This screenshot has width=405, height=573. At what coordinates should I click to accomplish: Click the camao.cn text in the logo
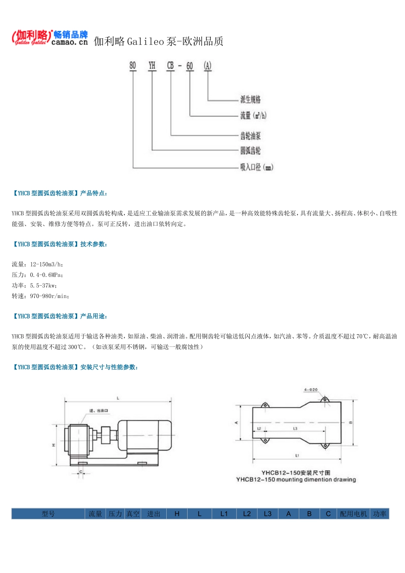[69, 42]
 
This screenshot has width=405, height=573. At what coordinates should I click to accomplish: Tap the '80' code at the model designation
[133, 65]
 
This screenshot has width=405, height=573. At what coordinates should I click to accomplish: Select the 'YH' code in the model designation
[152, 65]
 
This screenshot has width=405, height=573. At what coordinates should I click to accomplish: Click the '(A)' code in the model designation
[208, 65]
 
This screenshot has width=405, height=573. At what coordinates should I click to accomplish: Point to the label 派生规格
[250, 99]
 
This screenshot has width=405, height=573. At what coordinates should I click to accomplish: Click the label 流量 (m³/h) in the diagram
[253, 115]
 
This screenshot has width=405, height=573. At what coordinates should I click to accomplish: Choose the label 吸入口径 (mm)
[256, 167]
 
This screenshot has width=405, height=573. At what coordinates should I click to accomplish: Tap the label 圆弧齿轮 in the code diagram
[250, 150]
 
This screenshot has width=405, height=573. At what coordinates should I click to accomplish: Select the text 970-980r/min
[49, 296]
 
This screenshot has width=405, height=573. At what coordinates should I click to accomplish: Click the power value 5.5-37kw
[43, 286]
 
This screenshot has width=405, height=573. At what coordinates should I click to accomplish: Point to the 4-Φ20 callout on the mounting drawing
[311, 390]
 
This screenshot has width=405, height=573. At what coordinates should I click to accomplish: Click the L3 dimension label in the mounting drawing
[295, 428]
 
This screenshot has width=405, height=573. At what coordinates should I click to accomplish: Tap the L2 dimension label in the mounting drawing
[259, 428]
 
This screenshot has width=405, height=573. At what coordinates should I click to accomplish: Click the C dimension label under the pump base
[81, 472]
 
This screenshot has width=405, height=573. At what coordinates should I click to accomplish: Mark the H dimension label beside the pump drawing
[53, 445]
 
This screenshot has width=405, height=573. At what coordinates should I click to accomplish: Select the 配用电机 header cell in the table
[353, 514]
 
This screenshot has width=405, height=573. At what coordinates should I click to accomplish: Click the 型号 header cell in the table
[48, 514]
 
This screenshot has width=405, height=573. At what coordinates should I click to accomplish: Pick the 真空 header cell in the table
[133, 514]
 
